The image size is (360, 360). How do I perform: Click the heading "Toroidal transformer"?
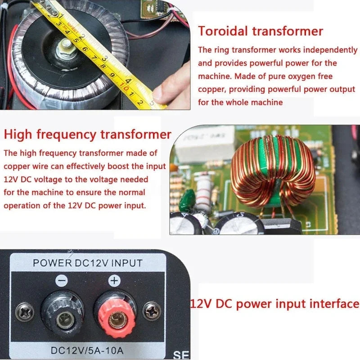pyautogui.click(x=261, y=31)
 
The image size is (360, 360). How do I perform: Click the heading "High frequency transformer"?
pyautogui.click(x=87, y=134)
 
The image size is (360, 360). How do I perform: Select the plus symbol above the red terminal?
pyautogui.click(x=114, y=281)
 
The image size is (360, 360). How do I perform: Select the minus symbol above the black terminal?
pyautogui.click(x=62, y=281)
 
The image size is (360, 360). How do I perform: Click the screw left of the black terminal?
pyautogui.click(x=24, y=310)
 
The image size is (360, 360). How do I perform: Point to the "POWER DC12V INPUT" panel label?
pyautogui.click(x=88, y=263)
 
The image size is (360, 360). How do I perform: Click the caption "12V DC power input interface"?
pyautogui.click(x=274, y=303)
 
